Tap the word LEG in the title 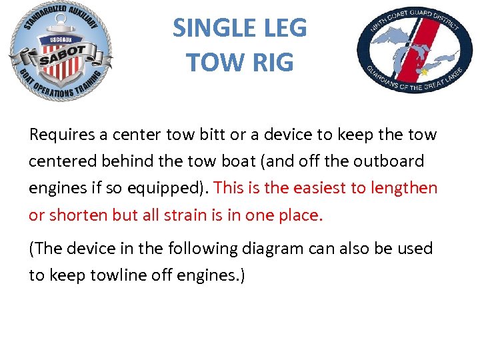[283, 28]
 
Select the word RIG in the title [271, 62]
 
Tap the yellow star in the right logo [422, 71]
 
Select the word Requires [61, 135]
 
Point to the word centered [61, 161]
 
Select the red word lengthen [405, 188]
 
